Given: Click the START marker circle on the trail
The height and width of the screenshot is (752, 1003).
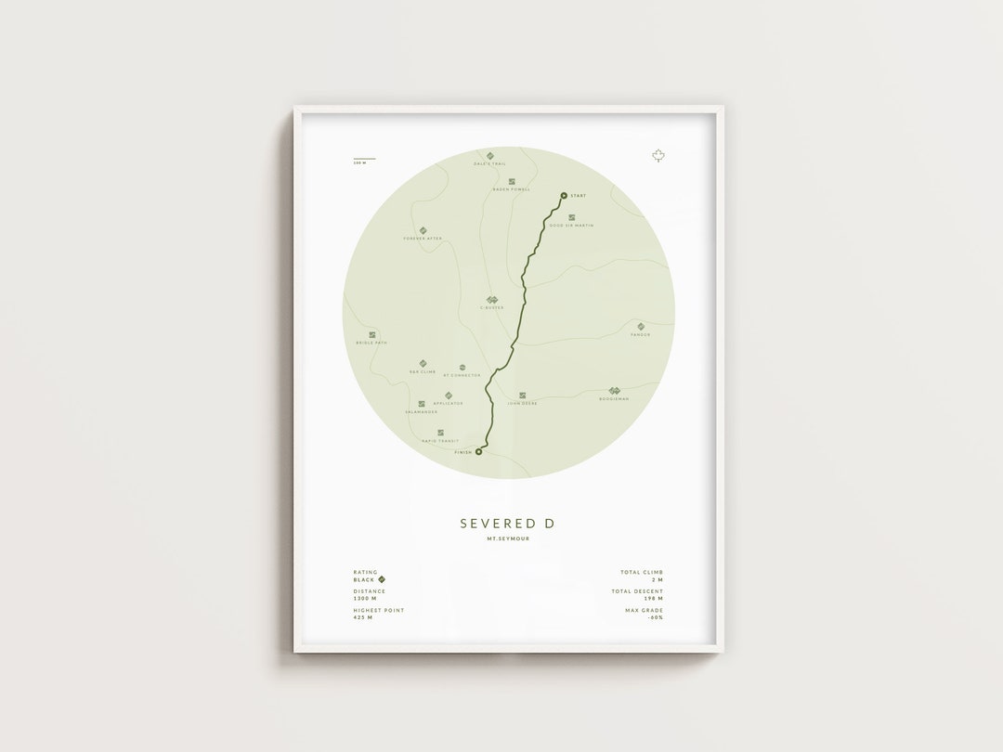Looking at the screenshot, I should (563, 195).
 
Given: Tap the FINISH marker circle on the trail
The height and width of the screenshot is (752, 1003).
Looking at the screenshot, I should (478, 452).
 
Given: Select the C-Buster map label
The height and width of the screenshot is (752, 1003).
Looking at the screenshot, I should (491, 307).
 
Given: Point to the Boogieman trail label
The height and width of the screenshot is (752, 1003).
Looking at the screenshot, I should (614, 398).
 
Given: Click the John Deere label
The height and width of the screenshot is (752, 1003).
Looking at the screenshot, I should (522, 404).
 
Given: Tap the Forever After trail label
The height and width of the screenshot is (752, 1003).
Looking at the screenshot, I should (423, 239).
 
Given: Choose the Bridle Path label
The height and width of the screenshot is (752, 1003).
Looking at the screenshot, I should (371, 343).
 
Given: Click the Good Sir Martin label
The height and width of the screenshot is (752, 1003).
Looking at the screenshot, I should (571, 226).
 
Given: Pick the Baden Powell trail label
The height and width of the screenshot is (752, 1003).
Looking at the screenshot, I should (511, 189).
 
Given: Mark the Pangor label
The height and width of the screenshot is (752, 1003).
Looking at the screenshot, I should (639, 334).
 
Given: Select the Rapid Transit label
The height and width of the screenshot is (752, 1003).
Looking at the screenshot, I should (440, 441).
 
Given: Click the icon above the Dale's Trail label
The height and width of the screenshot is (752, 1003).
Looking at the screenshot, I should (488, 155).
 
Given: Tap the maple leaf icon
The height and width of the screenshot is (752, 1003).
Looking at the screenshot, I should (658, 156).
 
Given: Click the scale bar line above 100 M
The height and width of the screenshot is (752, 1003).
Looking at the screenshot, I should (364, 159).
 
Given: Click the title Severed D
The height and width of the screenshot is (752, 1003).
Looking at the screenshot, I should (507, 524).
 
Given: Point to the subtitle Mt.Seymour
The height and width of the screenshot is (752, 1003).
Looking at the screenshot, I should (507, 539).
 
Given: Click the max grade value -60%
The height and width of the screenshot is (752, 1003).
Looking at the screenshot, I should (656, 617).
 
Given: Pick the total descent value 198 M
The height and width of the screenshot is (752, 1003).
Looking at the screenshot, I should (655, 599).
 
